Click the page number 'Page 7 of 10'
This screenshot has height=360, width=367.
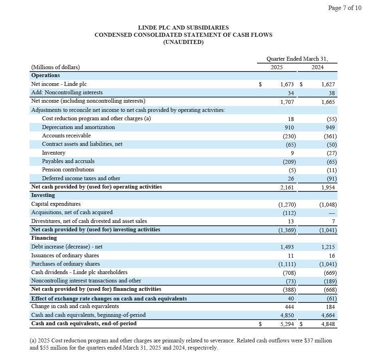click(344, 8)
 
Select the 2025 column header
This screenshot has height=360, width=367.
click(276, 67)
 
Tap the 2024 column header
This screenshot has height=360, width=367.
click(317, 67)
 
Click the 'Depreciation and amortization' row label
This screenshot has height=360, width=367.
click(78, 127)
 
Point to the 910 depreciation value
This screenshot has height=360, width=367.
click(289, 127)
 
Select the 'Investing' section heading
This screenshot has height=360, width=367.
click(43, 195)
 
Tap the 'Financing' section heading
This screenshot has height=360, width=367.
click(44, 238)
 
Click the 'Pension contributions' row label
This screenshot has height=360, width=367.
click(68, 169)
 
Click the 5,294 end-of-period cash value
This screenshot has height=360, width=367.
click(288, 324)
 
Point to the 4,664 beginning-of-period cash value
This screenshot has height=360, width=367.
click(328, 315)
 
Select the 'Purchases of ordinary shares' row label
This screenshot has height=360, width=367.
click(66, 264)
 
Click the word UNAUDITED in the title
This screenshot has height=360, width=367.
click(183, 42)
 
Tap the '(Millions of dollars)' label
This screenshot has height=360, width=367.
click(55, 67)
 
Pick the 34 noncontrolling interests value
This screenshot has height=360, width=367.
click(291, 93)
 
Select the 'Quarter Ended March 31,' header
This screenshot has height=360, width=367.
click(297, 59)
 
